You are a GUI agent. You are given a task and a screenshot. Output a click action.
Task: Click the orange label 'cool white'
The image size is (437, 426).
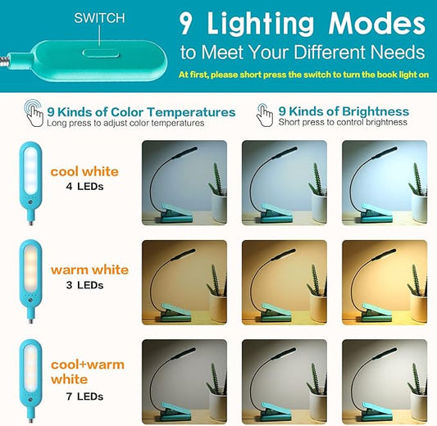pyautogui.click(x=84, y=172)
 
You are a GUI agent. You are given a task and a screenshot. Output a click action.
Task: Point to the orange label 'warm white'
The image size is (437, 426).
pyautogui.click(x=89, y=270)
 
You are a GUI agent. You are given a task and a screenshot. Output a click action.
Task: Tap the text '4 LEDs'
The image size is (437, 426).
pyautogui.click(x=84, y=187)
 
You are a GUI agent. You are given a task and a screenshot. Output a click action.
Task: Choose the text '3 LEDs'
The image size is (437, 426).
pyautogui.click(x=84, y=285)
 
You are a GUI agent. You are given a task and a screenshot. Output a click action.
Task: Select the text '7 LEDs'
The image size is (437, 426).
pyautogui.click(x=84, y=397)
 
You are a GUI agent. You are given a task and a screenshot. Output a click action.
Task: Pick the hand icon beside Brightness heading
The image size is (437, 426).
pyautogui.click(x=265, y=115)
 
